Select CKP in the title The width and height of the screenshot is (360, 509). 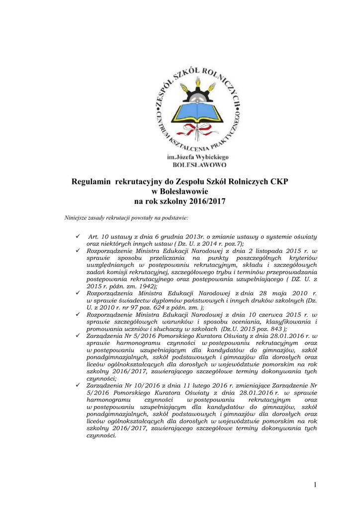click(x=279, y=182)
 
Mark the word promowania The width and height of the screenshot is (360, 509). click(x=104, y=329)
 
